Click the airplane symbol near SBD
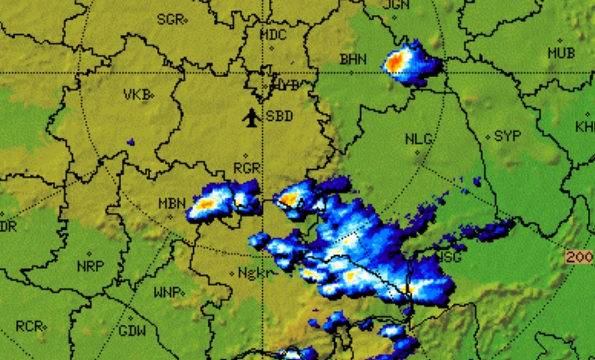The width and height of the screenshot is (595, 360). coord(251,117)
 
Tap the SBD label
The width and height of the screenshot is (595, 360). coord(279,117)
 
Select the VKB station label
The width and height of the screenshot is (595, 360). coord(137,95)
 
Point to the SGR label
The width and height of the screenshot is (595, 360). coord(170,20)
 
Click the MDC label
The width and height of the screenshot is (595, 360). coord(273,35)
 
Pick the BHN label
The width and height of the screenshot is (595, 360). coord(353,60)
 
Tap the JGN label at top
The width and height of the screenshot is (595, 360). coord(396,5)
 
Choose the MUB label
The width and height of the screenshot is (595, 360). coord(561,53)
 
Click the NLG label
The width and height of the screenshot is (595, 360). coord(419,139)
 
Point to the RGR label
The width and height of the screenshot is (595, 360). coord(246,169)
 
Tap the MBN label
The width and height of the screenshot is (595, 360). coord(172,203)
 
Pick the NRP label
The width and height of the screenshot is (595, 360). coord(90,266)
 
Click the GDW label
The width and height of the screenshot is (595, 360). coord(132,331)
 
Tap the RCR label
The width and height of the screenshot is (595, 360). coord(29,326)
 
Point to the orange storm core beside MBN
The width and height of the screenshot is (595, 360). coord(205,205)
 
